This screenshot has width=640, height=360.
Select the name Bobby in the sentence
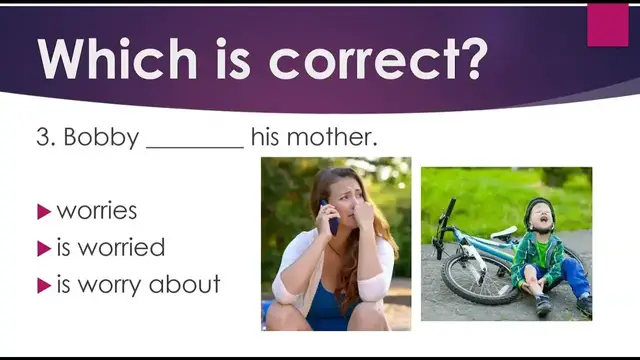[101, 137]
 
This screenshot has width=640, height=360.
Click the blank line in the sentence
[195, 145]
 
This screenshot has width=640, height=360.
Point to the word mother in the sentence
[336, 137]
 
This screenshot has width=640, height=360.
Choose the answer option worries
[97, 211]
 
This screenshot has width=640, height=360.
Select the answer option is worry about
[138, 284]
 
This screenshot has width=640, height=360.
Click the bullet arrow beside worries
[43, 211]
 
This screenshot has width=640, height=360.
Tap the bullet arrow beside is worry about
[43, 285]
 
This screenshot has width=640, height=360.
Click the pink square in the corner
[607, 25]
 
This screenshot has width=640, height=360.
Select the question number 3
[43, 137]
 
